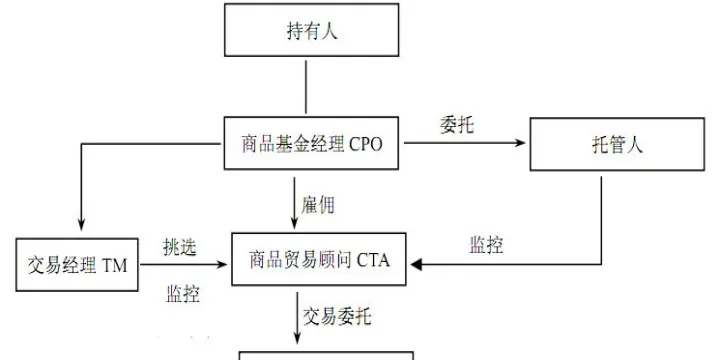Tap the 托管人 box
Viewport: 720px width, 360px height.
[x=606, y=146]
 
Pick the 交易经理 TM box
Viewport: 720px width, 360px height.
[x=79, y=264]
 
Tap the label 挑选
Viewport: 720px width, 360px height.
[x=181, y=246]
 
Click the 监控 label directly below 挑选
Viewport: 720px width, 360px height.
[x=181, y=294]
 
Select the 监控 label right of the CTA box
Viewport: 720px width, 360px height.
[x=486, y=245]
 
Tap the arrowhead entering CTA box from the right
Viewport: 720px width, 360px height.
[x=419, y=264]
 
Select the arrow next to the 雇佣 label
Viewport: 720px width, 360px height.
[x=295, y=200]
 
